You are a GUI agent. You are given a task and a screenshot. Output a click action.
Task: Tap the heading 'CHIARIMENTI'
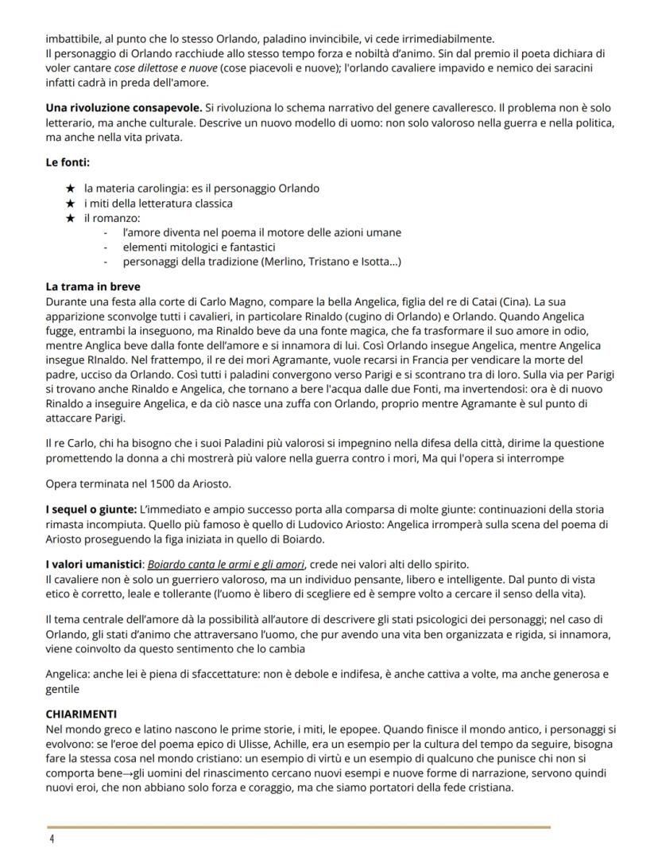(82, 714)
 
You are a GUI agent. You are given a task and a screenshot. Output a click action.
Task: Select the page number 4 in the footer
(51, 838)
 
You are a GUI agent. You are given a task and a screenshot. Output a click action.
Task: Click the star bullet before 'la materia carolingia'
(70, 189)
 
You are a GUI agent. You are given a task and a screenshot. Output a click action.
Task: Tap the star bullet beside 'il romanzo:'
(70, 217)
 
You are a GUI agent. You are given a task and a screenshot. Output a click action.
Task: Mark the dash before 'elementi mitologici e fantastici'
(106, 247)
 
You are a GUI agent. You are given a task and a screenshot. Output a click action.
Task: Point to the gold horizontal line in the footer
(298, 827)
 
